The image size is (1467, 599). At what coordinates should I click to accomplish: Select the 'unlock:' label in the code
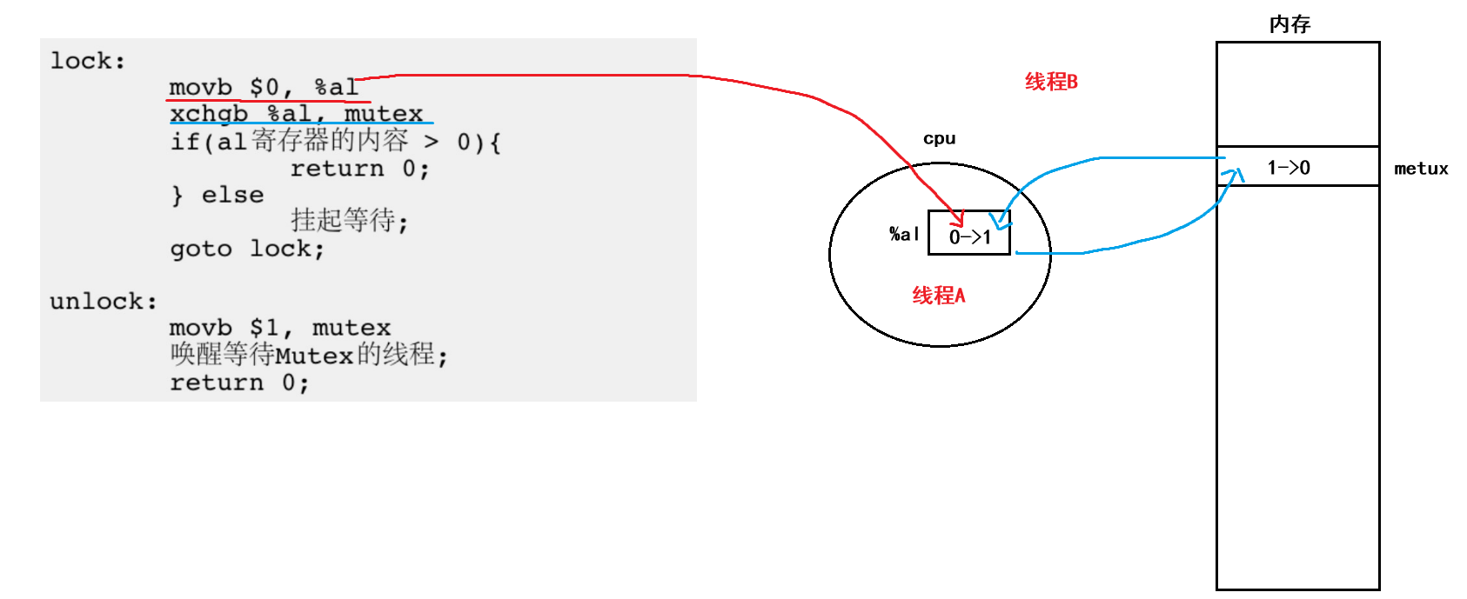(x=104, y=301)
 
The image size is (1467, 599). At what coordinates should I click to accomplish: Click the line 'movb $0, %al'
(x=264, y=88)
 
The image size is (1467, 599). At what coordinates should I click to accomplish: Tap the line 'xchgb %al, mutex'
(x=296, y=114)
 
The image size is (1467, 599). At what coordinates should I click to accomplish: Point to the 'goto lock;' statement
(x=247, y=249)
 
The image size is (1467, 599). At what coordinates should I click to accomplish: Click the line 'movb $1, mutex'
(x=280, y=328)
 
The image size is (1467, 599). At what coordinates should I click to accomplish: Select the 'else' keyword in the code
(x=232, y=195)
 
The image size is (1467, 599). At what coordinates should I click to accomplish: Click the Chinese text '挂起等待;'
(x=349, y=221)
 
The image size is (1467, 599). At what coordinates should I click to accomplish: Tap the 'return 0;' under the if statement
(x=359, y=169)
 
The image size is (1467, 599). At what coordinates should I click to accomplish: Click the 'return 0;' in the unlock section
(x=239, y=383)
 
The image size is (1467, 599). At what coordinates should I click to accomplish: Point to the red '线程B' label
(x=1051, y=82)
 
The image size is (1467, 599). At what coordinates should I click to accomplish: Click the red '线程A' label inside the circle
(x=938, y=296)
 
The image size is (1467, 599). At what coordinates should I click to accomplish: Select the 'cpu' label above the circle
(x=939, y=138)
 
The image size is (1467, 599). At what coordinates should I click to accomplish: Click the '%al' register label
(x=904, y=234)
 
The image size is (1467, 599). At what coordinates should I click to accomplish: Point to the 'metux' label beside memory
(x=1421, y=169)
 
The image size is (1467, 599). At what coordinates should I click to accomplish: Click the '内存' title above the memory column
(x=1289, y=24)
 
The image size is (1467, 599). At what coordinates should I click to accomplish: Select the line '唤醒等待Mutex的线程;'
(x=309, y=355)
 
